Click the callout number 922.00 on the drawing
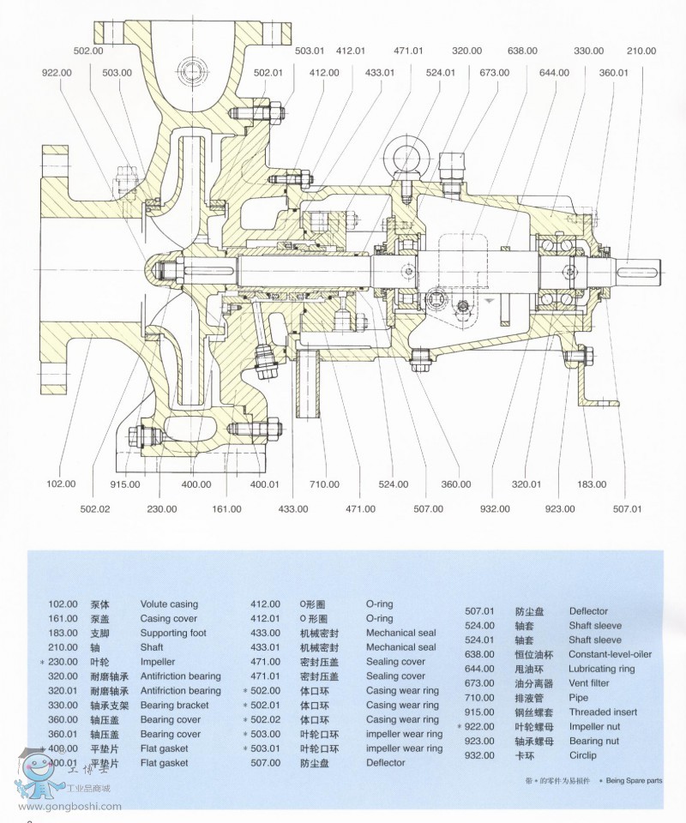coord(57,73)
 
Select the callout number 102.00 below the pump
coord(61,484)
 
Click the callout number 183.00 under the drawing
coord(591,484)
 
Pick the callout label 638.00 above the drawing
coord(522,51)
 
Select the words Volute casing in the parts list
coord(169,604)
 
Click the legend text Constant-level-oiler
coord(610,654)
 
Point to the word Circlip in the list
coord(583,755)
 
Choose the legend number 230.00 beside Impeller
coord(62,662)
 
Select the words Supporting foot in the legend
coord(173,633)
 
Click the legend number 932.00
coord(479,755)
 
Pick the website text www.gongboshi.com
coord(69,806)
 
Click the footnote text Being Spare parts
coord(634,781)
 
